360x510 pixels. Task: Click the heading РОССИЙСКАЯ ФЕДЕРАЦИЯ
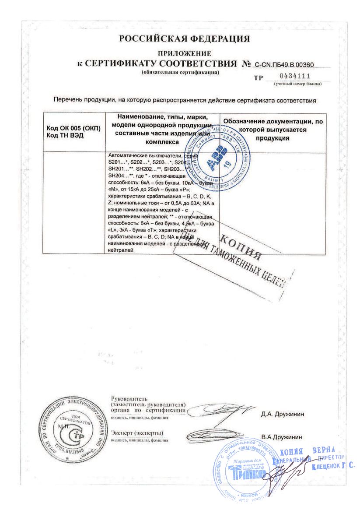[184, 39]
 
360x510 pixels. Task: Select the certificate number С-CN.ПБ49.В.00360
[284, 65]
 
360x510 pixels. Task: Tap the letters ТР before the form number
[259, 79]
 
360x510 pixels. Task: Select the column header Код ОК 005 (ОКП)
[73, 128]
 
